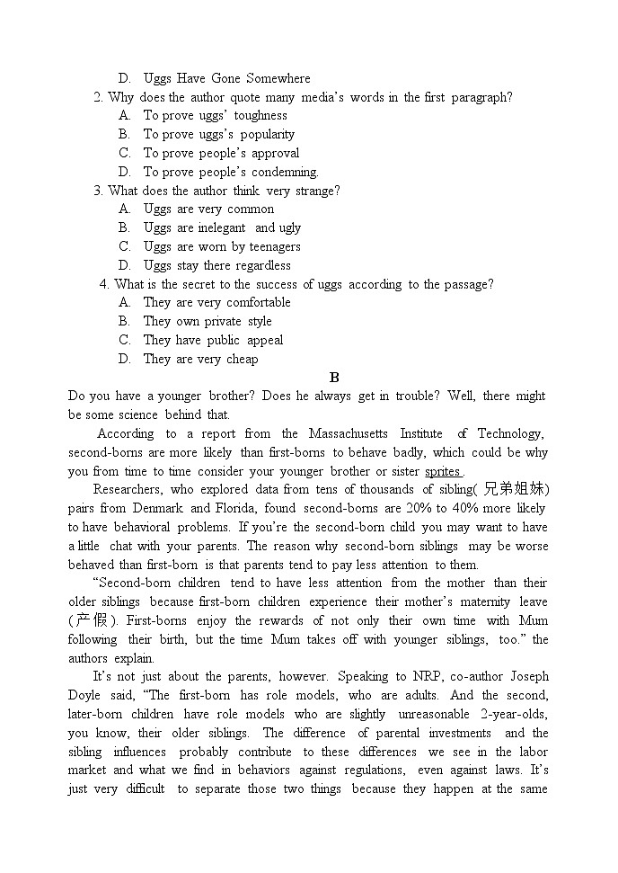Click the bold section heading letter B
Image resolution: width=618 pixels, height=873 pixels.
pos(334,378)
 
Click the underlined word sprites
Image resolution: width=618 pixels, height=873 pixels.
pos(443,471)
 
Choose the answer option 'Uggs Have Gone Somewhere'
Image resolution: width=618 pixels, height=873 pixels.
pos(226,78)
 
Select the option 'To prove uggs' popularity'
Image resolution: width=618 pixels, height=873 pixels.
pos(218,134)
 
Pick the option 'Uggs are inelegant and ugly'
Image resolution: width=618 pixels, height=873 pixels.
pos(222,227)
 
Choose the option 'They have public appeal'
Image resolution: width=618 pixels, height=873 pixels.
pos(213,340)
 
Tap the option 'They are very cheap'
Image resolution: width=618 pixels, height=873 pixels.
pos(200,359)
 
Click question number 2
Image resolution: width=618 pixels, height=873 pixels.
pos(98,97)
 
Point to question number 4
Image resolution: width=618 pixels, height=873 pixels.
pos(104,284)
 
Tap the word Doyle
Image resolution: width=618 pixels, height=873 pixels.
pos(84,695)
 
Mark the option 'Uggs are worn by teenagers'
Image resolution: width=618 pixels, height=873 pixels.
pos(222,246)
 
